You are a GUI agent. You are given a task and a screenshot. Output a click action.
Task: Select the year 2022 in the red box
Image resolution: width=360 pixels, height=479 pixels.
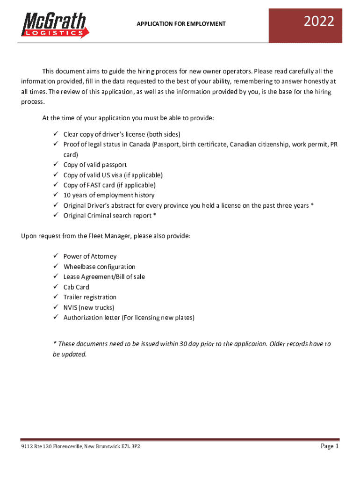(x=319, y=22)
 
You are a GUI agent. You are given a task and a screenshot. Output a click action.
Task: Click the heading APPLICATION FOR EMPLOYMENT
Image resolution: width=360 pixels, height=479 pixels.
(x=181, y=23)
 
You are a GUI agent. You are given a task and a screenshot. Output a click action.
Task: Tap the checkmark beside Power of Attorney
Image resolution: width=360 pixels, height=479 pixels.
(x=54, y=256)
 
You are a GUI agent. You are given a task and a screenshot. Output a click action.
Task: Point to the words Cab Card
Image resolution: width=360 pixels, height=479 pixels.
(x=76, y=287)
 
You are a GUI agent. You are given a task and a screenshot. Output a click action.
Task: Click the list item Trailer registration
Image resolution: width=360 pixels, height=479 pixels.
(x=90, y=298)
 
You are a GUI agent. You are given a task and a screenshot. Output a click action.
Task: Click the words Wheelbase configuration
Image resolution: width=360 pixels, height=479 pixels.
(x=100, y=267)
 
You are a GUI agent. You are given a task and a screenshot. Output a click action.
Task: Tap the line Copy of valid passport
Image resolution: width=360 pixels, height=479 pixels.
(x=95, y=165)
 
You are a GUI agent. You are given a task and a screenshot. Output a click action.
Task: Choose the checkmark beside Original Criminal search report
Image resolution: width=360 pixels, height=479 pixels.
(x=54, y=216)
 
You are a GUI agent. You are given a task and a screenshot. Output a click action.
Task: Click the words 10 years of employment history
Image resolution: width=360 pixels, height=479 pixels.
(x=109, y=195)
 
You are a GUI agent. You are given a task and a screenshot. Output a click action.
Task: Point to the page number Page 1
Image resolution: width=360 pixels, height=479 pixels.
(x=330, y=446)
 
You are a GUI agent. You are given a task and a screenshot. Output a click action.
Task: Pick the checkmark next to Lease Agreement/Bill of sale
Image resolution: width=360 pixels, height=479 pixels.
(x=54, y=277)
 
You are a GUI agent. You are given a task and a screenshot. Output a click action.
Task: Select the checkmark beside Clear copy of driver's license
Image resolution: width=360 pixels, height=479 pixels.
(x=54, y=134)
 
